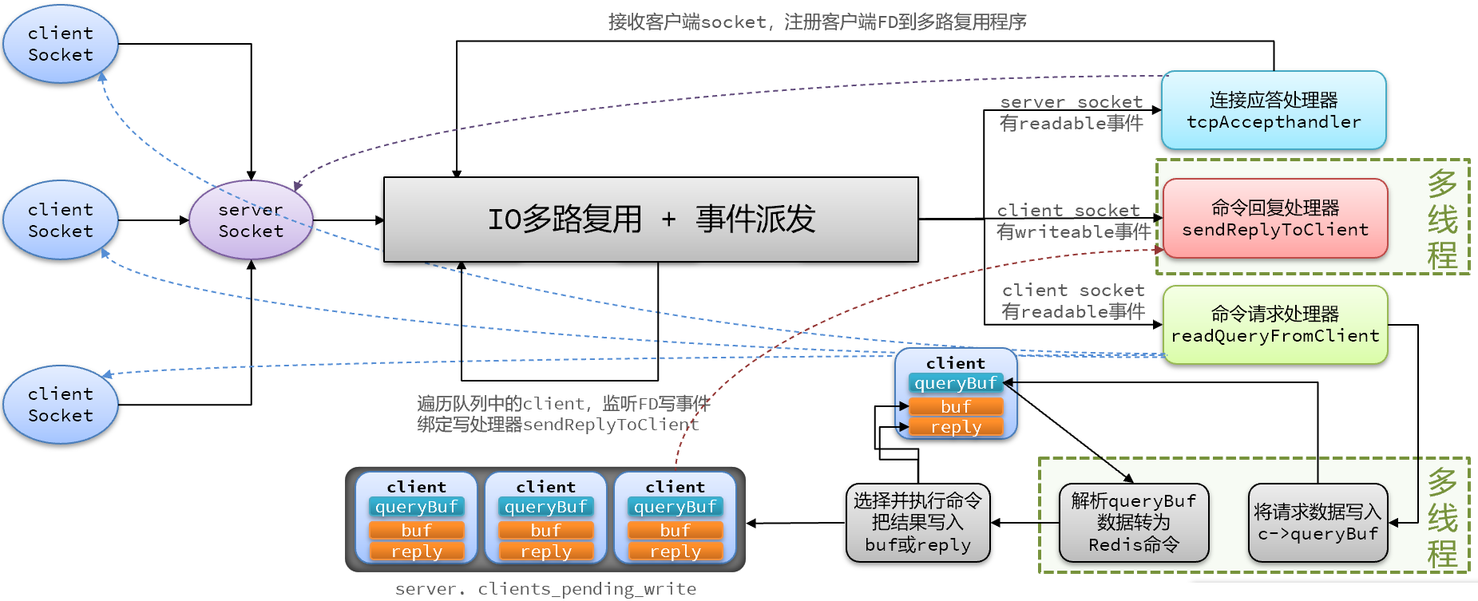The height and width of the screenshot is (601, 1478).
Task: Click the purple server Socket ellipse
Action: point(251,220)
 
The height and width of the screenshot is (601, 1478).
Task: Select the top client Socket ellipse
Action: point(61,44)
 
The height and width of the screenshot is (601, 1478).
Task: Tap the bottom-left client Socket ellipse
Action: point(61,405)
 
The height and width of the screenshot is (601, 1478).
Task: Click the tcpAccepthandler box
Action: point(1274,111)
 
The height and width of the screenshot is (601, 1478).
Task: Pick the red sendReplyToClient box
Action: point(1275,219)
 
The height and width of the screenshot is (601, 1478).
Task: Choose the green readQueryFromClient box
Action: point(1275,325)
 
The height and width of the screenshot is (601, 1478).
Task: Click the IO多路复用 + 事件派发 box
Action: point(651,219)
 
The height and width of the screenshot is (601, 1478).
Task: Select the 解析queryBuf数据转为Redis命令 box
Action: point(1134,523)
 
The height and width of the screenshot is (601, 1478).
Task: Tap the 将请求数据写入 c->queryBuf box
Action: point(1318,523)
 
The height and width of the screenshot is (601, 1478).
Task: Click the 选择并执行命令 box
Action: point(917,523)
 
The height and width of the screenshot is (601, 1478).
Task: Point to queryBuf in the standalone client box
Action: point(956,384)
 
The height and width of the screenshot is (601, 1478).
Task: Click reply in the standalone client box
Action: point(956,428)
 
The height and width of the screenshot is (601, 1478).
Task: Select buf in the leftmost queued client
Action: point(417,530)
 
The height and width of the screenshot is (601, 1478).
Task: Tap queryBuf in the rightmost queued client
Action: point(676,507)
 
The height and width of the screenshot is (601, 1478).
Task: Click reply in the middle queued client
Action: point(546,552)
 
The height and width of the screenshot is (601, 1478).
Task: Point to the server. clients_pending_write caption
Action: point(545,589)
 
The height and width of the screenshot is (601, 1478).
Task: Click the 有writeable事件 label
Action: point(1073,232)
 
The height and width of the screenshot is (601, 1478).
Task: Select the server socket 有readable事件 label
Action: point(1072,113)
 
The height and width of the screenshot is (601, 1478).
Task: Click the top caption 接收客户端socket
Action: point(817,22)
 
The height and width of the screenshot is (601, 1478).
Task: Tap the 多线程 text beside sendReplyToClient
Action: point(1442,219)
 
